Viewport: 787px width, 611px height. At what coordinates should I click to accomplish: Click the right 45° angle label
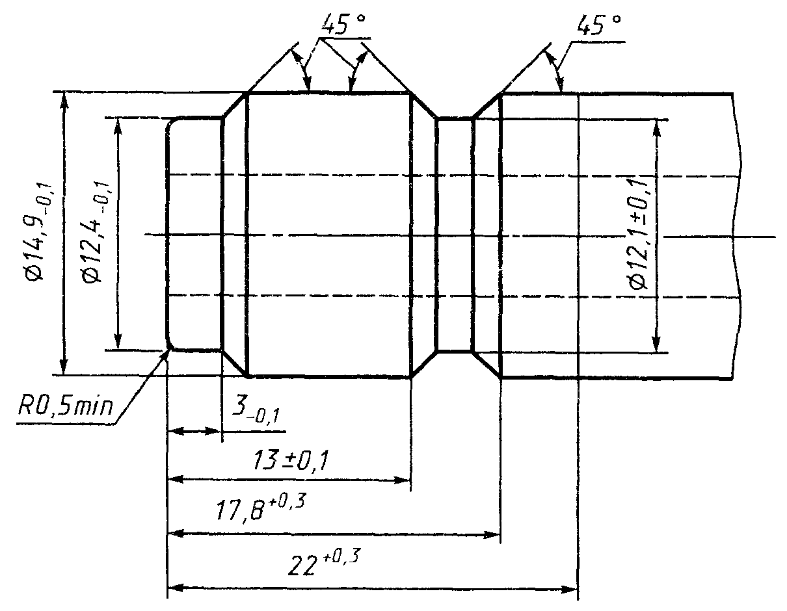coord(598,26)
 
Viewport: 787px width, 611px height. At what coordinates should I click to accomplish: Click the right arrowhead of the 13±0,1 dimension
coord(405,480)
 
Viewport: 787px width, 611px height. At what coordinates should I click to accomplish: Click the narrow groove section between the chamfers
coord(455,234)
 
